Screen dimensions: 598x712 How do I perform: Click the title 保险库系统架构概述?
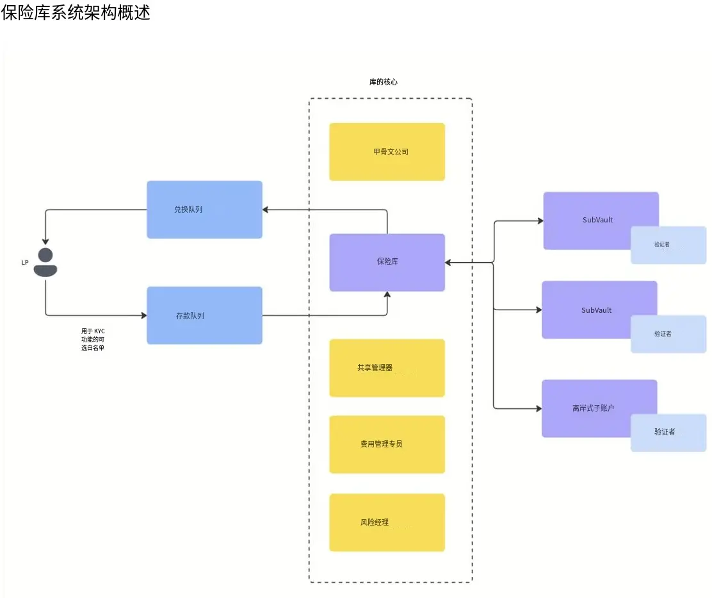(x=76, y=13)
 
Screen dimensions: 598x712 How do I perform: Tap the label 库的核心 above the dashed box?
(x=384, y=82)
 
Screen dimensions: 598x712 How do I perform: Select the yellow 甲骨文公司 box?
(x=387, y=152)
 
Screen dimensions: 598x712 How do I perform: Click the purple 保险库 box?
(x=387, y=262)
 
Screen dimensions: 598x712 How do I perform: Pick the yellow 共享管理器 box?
(x=387, y=368)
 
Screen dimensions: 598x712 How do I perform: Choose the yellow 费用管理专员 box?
(x=387, y=444)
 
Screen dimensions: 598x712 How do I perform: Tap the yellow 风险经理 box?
(x=387, y=522)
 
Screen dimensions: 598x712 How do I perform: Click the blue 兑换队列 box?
(x=204, y=210)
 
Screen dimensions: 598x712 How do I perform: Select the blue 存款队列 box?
(x=204, y=315)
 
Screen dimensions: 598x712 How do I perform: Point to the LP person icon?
(x=45, y=262)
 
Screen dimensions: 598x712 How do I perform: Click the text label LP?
(x=25, y=262)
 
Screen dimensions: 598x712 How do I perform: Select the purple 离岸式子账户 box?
(x=592, y=408)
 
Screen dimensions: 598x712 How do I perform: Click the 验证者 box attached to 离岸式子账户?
(x=668, y=433)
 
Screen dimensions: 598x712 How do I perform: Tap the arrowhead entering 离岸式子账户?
(x=538, y=408)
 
